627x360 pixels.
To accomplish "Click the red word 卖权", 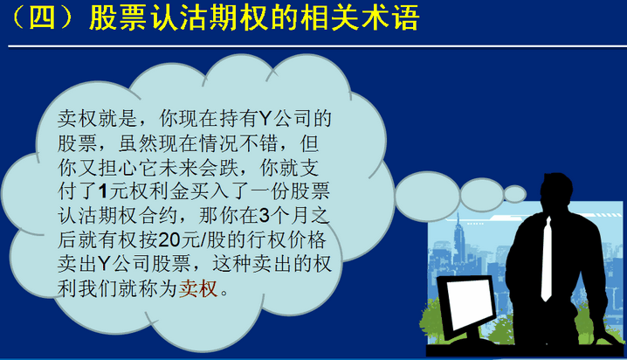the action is pos(198,288).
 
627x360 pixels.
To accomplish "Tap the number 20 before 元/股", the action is pos(169,240).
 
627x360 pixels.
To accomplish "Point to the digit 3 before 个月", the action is pos(264,216).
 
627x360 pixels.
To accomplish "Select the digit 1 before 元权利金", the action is pos(103,191).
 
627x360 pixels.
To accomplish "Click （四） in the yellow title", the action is pos(42,17).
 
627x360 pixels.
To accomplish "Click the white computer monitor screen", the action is pos(468,303).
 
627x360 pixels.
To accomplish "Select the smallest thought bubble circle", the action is pos(514,194).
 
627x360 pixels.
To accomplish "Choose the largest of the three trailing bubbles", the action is pos(427,197).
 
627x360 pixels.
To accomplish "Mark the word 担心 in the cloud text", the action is pos(118,167).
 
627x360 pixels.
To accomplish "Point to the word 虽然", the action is pos(138,142).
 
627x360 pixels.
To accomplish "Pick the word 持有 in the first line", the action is pos(239,119).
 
